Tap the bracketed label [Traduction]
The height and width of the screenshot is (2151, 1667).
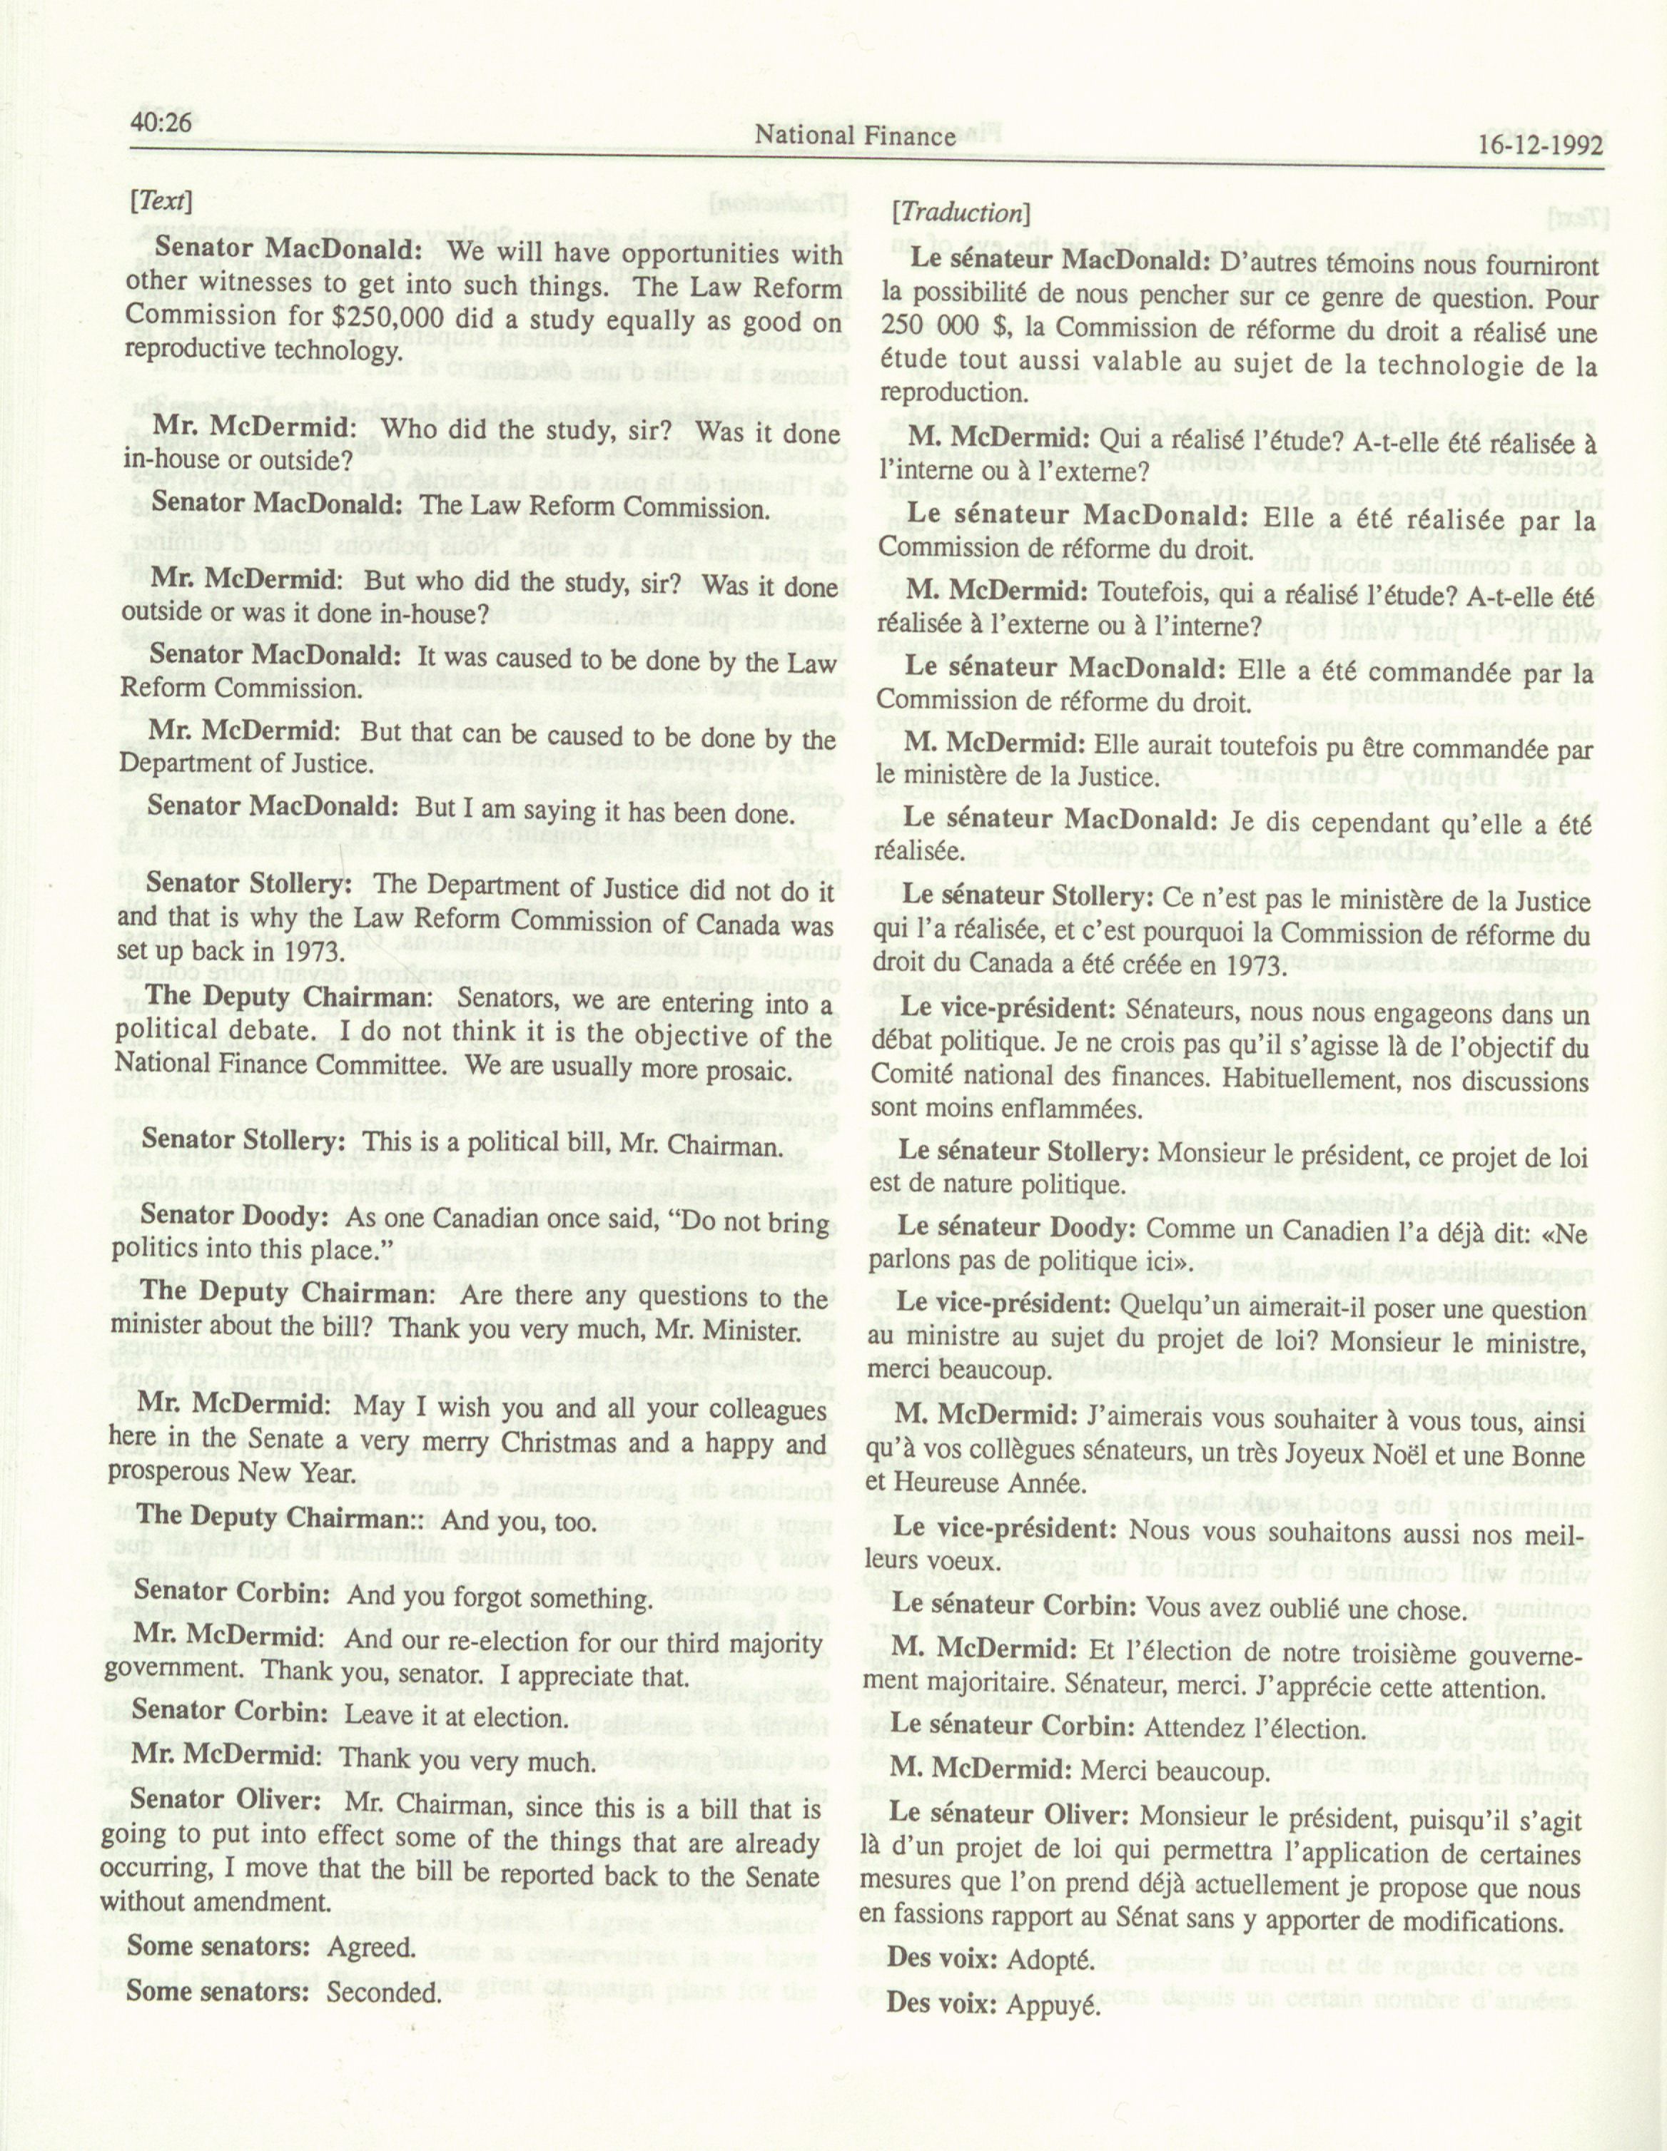coord(961,212)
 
